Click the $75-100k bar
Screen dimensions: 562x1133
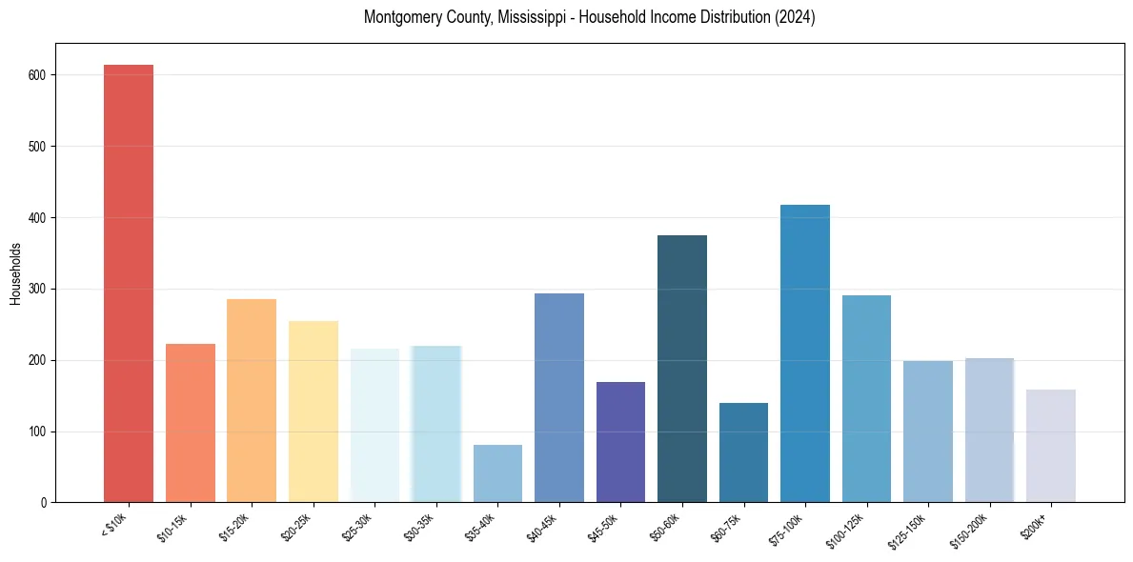[x=805, y=353]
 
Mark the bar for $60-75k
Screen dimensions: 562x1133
[x=743, y=452]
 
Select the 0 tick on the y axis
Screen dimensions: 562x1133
[x=46, y=503]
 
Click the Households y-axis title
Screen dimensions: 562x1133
[x=15, y=272]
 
